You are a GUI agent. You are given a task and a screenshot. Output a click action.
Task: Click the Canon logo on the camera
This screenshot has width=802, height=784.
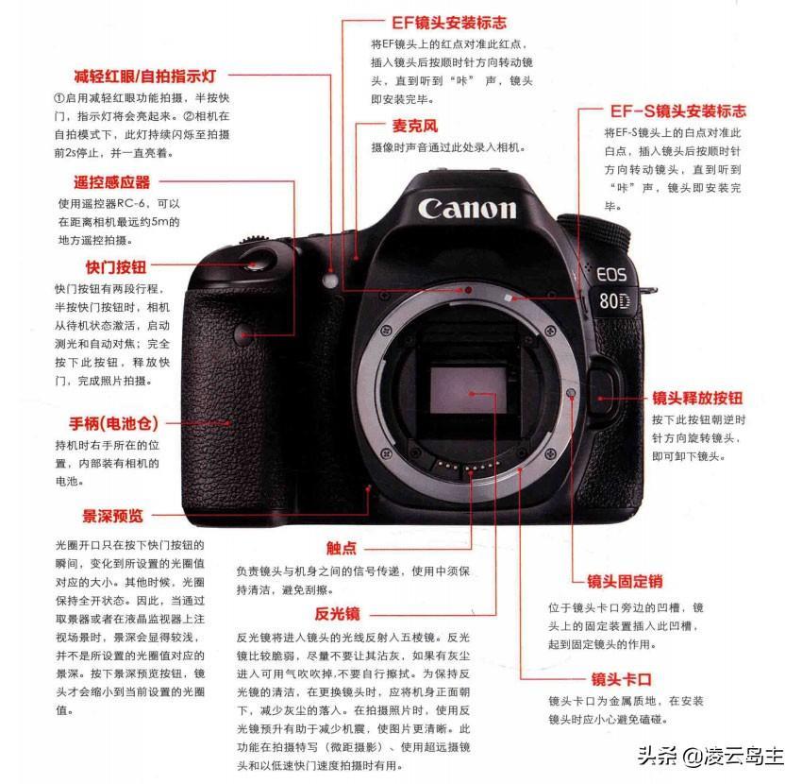[x=467, y=209]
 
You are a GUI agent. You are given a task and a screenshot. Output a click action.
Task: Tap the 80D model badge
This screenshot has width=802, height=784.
[x=614, y=300]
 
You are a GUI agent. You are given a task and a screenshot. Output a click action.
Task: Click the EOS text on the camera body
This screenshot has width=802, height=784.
[x=611, y=274]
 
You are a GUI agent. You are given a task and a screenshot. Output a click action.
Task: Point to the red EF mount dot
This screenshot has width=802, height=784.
[x=468, y=290]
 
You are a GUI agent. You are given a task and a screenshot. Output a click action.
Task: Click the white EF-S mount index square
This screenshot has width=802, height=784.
[x=508, y=298]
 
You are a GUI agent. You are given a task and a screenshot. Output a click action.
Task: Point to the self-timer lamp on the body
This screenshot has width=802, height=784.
[x=330, y=280]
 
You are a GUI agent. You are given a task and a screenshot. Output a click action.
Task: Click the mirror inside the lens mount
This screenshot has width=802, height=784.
[x=468, y=390]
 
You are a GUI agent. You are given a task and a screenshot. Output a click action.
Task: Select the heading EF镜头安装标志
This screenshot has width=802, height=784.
[x=449, y=23]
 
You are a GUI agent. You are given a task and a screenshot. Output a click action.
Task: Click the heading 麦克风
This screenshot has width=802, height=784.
[x=415, y=126]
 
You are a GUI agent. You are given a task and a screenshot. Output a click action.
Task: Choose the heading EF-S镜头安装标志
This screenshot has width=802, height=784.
[x=677, y=111]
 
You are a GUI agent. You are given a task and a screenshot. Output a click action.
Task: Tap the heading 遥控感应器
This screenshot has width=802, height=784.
[x=112, y=181]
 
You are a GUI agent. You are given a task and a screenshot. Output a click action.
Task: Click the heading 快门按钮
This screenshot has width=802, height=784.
[x=116, y=266]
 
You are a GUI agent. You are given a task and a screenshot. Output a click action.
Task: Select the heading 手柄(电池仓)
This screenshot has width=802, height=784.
[x=113, y=423]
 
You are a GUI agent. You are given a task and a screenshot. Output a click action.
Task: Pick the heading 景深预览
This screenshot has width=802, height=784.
[x=112, y=516]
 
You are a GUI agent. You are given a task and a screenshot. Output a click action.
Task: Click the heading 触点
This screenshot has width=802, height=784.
[x=342, y=549]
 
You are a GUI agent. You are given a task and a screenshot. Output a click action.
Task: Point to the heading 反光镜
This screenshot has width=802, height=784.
[x=337, y=613]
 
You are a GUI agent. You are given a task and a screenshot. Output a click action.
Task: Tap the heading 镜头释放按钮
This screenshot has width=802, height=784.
[x=697, y=398]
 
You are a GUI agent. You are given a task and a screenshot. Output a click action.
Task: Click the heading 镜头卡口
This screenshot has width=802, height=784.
[x=622, y=679]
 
